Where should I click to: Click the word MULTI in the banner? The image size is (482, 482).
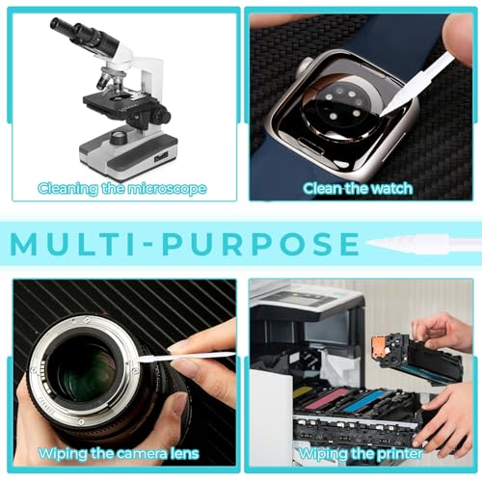[x=72, y=244]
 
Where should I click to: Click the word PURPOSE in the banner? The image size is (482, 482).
[x=261, y=244]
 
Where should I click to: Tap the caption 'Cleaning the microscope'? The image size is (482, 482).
[x=121, y=189]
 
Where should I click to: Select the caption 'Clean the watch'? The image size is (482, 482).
[x=358, y=188]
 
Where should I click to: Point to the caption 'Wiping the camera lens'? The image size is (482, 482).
[x=119, y=453]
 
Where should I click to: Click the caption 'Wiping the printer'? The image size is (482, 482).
[x=361, y=453]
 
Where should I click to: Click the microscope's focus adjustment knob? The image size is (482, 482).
[x=160, y=116]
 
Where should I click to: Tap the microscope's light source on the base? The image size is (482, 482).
[x=120, y=137]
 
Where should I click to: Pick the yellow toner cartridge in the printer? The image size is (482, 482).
[x=303, y=392]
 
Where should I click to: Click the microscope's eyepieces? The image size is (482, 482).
[x=84, y=35]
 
